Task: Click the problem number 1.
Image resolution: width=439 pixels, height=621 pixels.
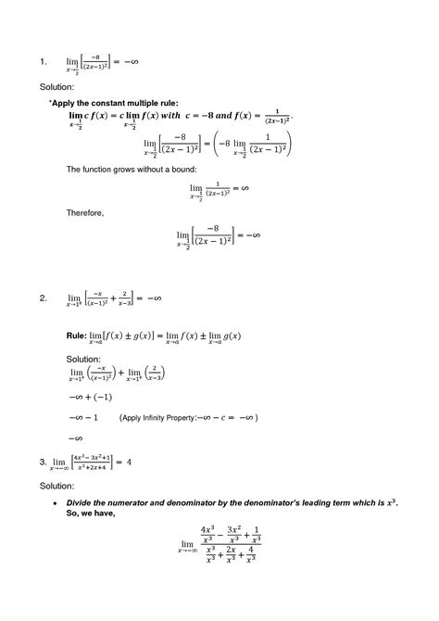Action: [43, 63]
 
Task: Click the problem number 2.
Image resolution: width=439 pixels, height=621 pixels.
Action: [43, 298]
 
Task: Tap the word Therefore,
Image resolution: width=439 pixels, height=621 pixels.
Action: [85, 212]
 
